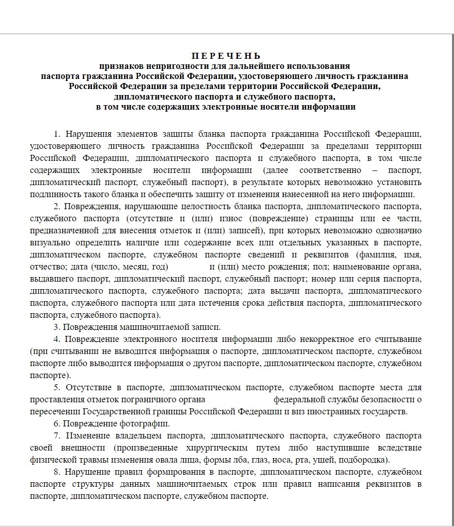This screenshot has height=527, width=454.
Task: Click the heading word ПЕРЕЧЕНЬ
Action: [226, 56]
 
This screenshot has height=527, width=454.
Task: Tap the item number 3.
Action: [56, 327]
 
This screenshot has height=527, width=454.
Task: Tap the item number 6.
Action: [56, 423]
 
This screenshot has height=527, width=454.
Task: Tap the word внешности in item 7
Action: [84, 448]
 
